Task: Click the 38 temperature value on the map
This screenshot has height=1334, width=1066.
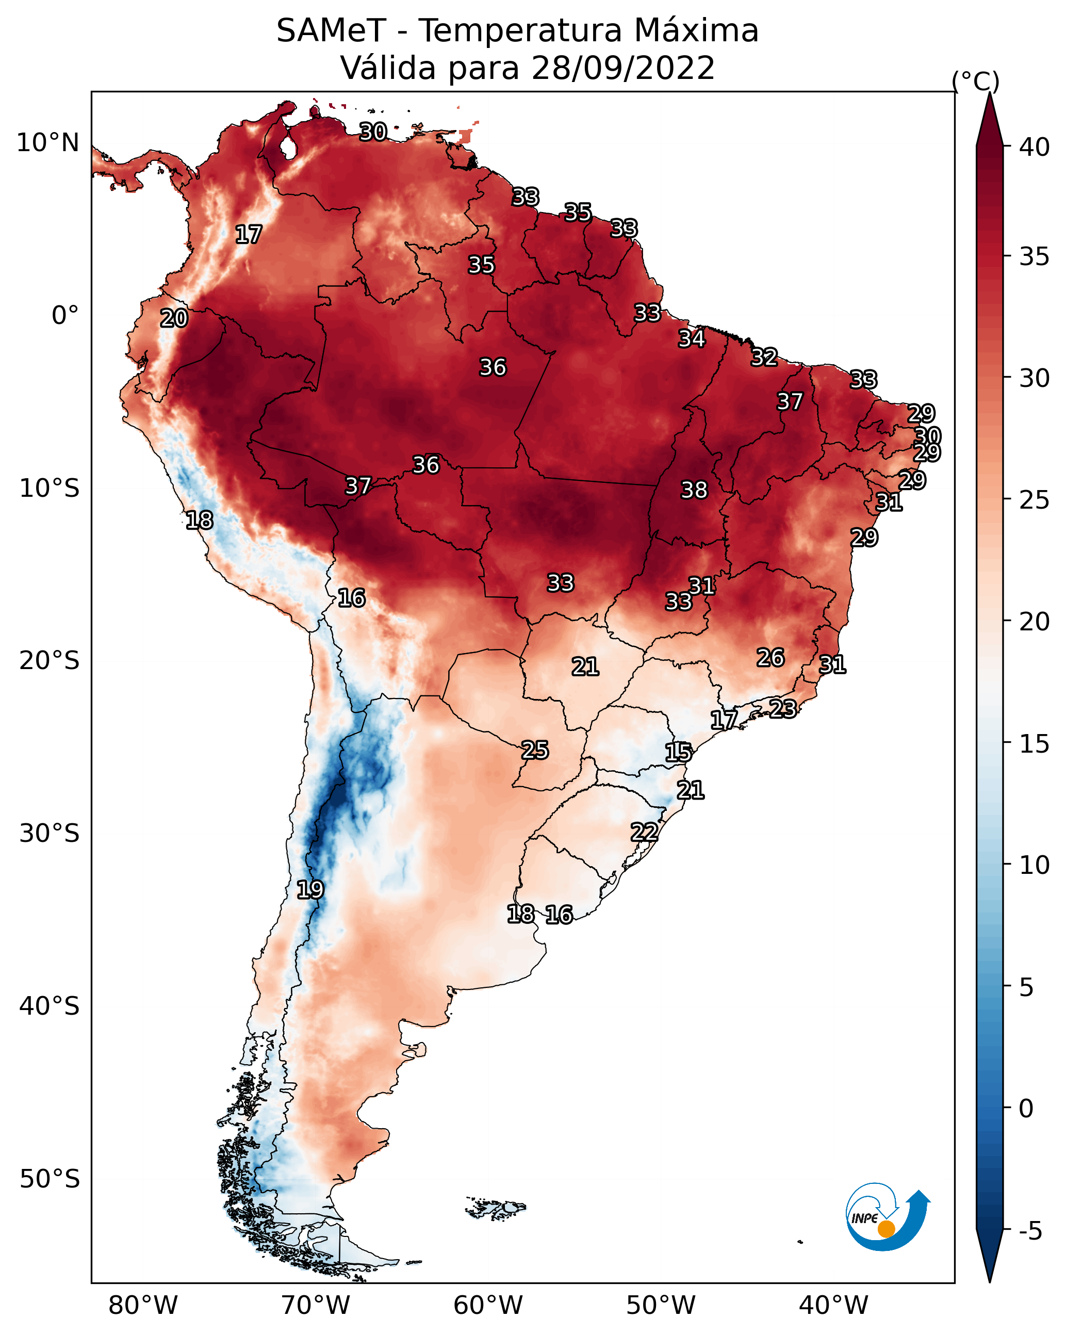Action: tap(694, 490)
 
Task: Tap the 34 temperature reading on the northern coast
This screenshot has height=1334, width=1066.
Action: tap(691, 338)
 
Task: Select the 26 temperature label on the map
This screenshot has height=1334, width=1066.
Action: tap(770, 658)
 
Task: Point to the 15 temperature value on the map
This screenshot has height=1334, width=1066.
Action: tap(678, 753)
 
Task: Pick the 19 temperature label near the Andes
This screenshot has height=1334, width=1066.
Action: tap(310, 890)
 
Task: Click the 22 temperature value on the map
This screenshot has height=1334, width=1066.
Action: tap(644, 832)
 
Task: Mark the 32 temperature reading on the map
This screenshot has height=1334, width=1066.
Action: tap(764, 357)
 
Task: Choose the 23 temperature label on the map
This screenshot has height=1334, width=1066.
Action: tap(783, 708)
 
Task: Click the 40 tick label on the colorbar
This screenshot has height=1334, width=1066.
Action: tap(1035, 147)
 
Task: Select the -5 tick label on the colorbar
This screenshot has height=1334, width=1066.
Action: tap(1030, 1231)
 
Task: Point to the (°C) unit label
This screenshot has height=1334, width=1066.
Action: tap(976, 81)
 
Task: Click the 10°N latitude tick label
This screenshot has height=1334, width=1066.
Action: tap(47, 143)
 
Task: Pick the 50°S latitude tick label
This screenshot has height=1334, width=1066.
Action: tap(50, 1179)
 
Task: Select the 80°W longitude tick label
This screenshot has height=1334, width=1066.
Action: tap(143, 1305)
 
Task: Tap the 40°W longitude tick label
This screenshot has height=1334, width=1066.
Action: tap(833, 1305)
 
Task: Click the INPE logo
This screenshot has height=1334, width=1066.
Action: tap(888, 1216)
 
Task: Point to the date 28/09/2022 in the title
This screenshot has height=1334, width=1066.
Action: tap(623, 68)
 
